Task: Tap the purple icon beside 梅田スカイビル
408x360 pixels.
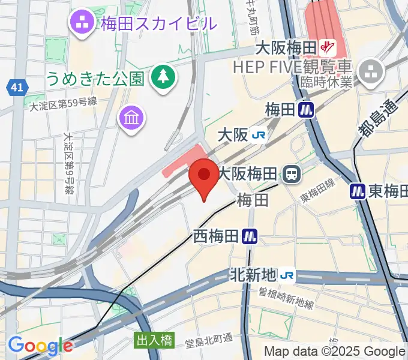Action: [x=82, y=24]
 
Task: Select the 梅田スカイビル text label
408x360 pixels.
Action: [x=158, y=25]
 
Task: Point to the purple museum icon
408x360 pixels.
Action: [x=131, y=116]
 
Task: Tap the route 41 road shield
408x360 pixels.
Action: [x=17, y=88]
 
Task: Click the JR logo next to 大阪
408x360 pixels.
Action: [x=259, y=136]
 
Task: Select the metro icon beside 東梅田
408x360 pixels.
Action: [x=358, y=191]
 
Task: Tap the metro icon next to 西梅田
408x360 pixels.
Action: [x=250, y=236]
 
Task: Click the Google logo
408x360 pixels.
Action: [x=40, y=346]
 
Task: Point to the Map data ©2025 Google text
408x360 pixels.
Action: [x=335, y=352]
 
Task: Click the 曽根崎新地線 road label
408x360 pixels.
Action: [x=286, y=298]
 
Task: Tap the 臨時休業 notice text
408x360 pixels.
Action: [x=325, y=83]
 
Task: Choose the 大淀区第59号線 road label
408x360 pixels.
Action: [x=63, y=103]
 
